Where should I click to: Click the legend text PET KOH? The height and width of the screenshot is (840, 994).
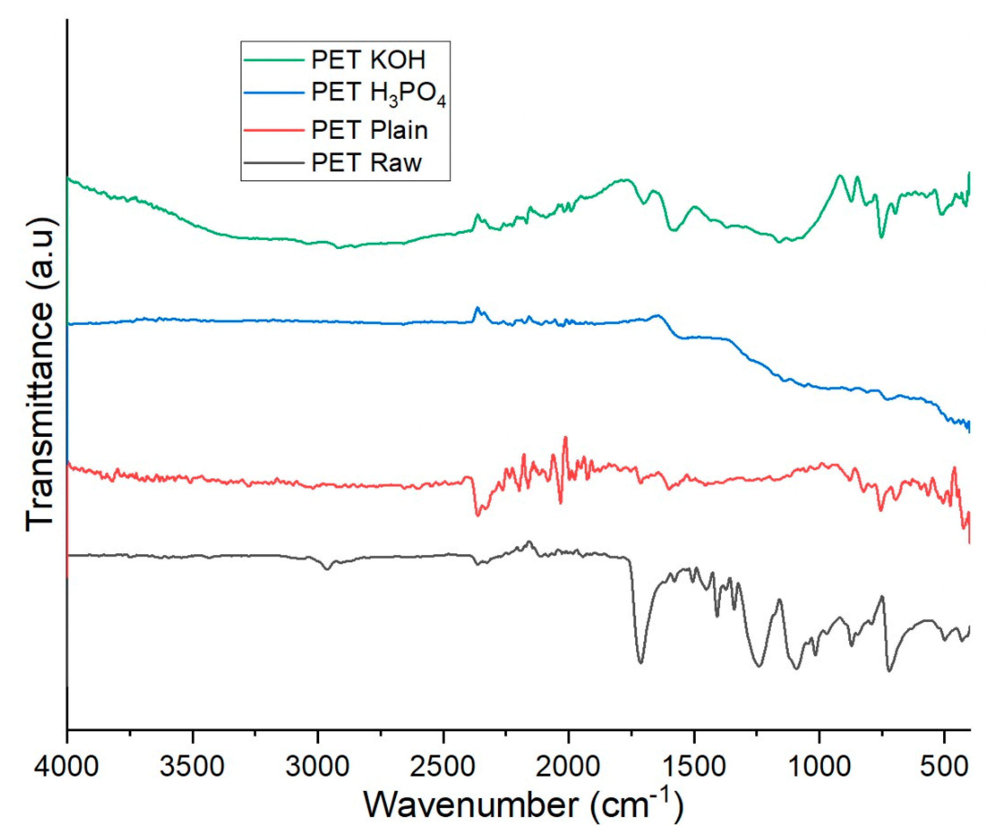pos(368,60)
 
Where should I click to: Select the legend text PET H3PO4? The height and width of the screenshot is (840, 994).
pos(379,92)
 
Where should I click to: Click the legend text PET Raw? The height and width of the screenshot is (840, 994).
pos(367,163)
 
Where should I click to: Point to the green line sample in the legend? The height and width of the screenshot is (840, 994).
pos(274,60)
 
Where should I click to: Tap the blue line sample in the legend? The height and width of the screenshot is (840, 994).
pos(274,92)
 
